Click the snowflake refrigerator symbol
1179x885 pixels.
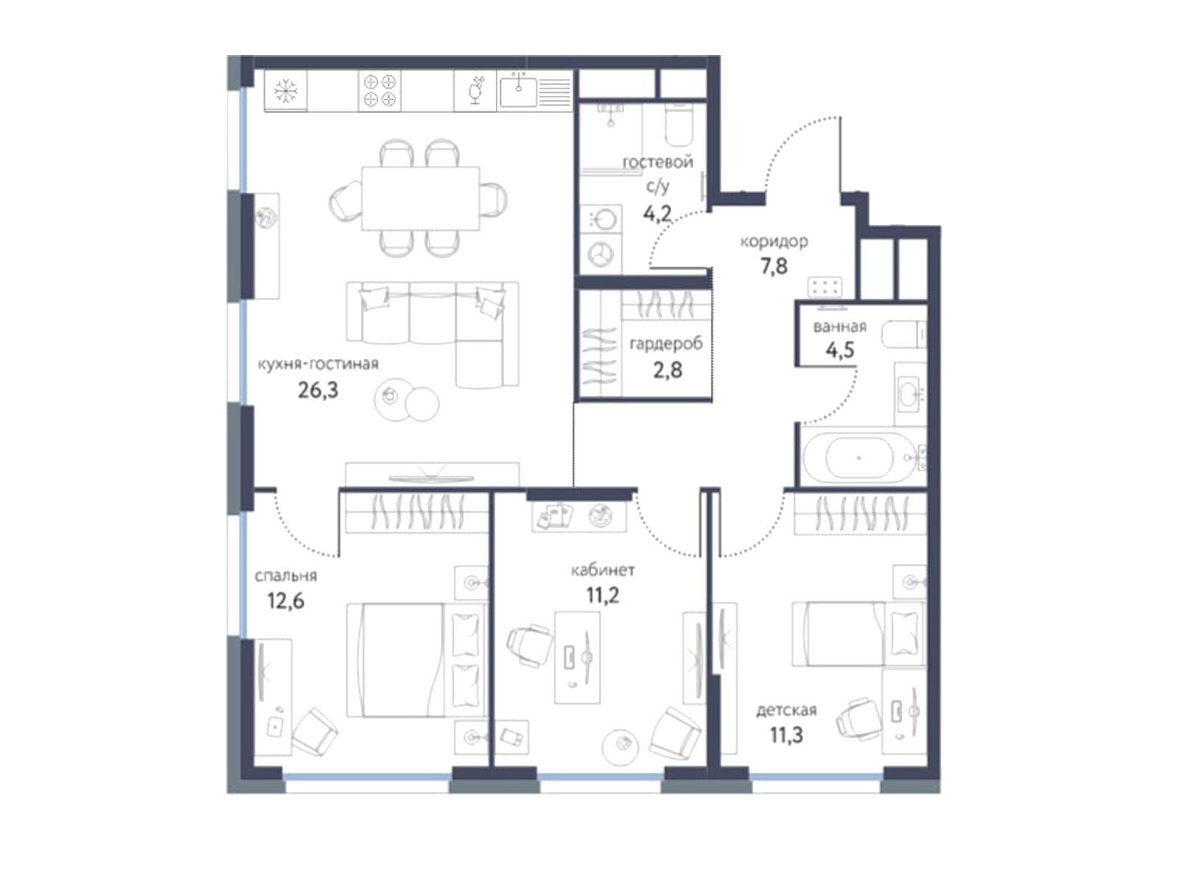pos(285,91)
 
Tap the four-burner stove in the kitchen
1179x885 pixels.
pos(379,91)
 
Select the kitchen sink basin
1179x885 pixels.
pos(518,91)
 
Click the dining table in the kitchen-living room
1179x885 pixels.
pos(420,198)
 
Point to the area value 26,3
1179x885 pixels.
pos(318,391)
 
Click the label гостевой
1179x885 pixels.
pos(657,162)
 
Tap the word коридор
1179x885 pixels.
pos(774,242)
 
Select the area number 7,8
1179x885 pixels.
pos(774,266)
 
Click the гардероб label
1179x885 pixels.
pos(666,344)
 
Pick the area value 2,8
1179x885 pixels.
pos(668,370)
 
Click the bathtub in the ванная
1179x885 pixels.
pos(859,457)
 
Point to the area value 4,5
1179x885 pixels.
pos(839,351)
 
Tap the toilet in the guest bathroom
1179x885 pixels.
pos(679,125)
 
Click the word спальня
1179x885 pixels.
pos(286,576)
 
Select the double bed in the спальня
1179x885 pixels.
pos(416,660)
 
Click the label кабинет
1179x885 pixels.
pos(603,570)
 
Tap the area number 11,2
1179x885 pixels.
pos(602,595)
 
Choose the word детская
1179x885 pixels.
pos(786,710)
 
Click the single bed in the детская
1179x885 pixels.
pos(859,634)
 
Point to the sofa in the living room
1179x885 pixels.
pos(433,333)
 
